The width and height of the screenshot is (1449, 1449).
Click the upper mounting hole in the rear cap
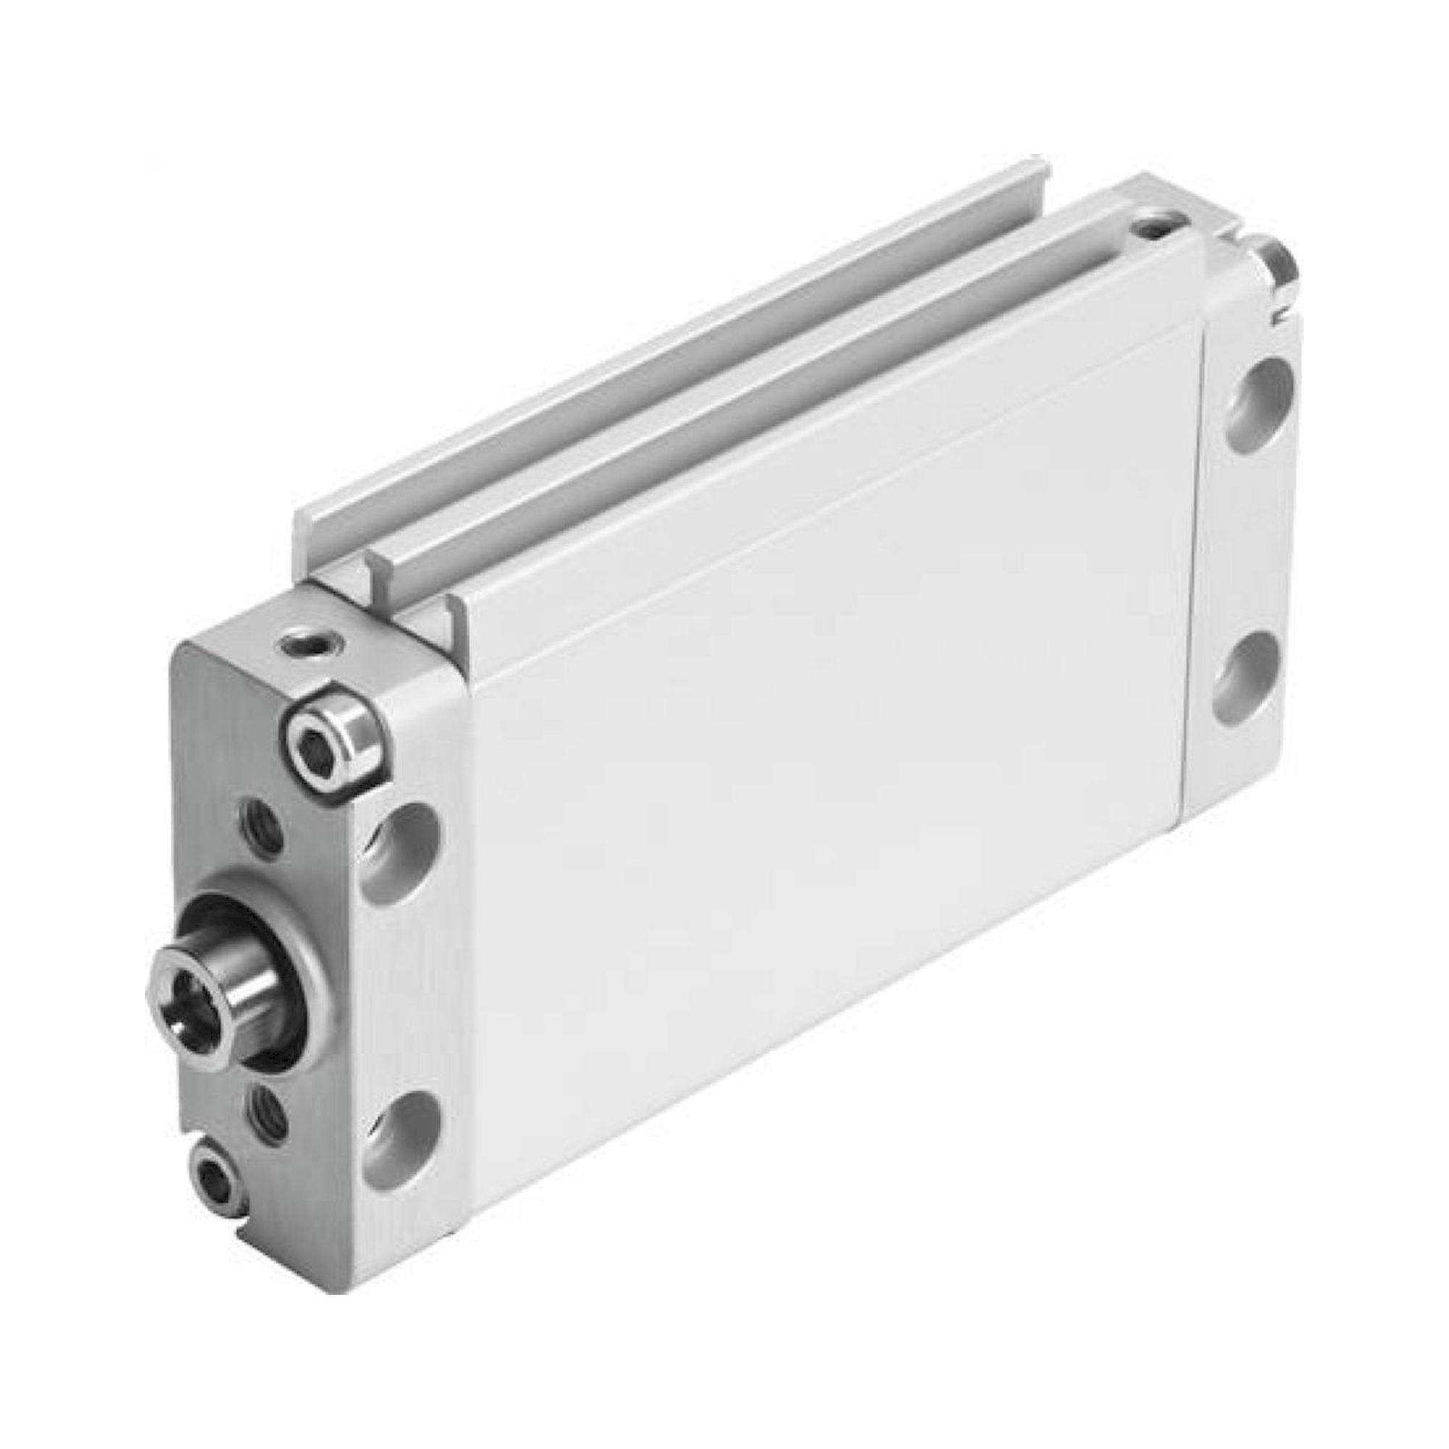coord(1261,401)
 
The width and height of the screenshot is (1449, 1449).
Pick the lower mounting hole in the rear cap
coord(1253,680)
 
